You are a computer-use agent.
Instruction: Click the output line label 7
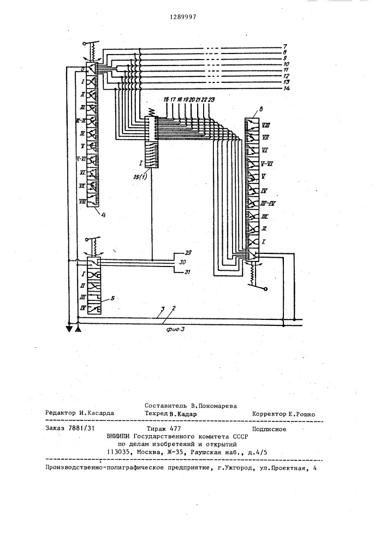284,46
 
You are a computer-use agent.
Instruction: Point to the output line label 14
286,88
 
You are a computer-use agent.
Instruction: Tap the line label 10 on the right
286,64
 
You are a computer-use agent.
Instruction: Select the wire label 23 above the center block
211,99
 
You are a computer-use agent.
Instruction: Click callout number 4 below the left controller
103,215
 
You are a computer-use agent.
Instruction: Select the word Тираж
156,429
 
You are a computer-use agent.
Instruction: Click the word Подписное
269,429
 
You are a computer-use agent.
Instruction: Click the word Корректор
268,414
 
